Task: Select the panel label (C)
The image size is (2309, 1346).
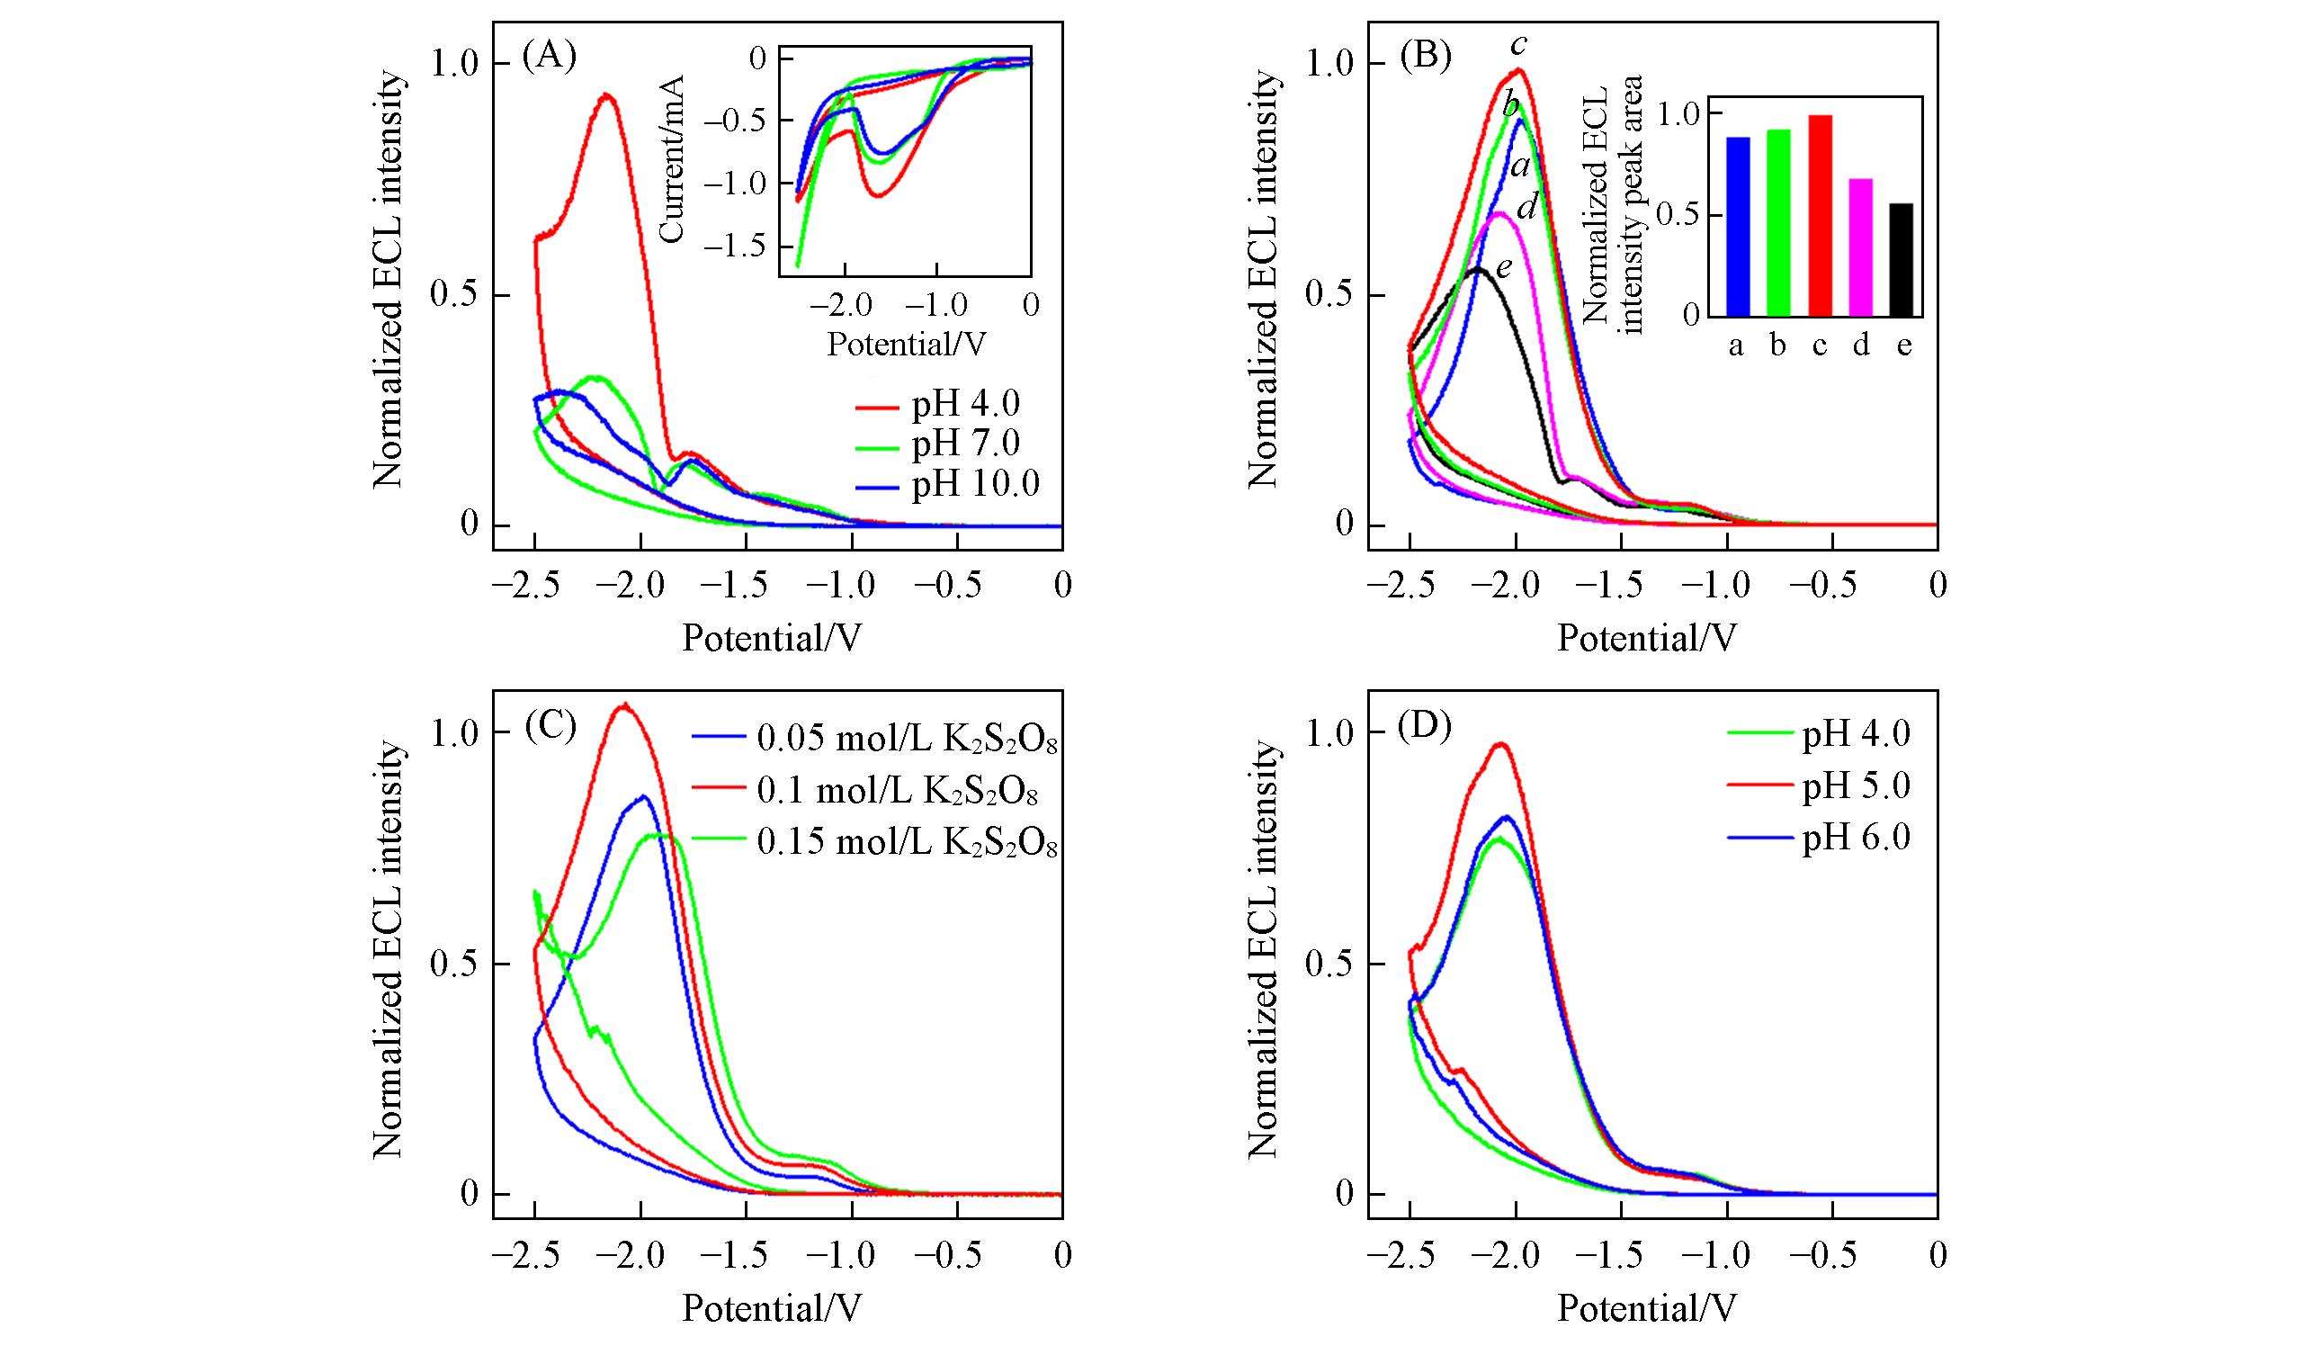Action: (x=548, y=726)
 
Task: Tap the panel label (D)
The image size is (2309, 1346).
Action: (x=1425, y=726)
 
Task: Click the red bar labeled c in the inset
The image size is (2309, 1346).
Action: (x=1820, y=215)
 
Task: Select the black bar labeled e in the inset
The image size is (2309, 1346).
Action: (x=1903, y=259)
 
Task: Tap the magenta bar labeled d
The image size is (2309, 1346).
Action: (x=1861, y=247)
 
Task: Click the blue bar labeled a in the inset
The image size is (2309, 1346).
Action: (x=1737, y=227)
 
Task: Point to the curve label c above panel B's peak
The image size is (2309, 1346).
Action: (x=1519, y=44)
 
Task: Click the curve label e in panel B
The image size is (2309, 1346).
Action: (x=1504, y=267)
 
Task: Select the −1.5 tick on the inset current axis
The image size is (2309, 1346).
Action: (x=744, y=247)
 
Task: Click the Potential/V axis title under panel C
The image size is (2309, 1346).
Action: (x=772, y=1308)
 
